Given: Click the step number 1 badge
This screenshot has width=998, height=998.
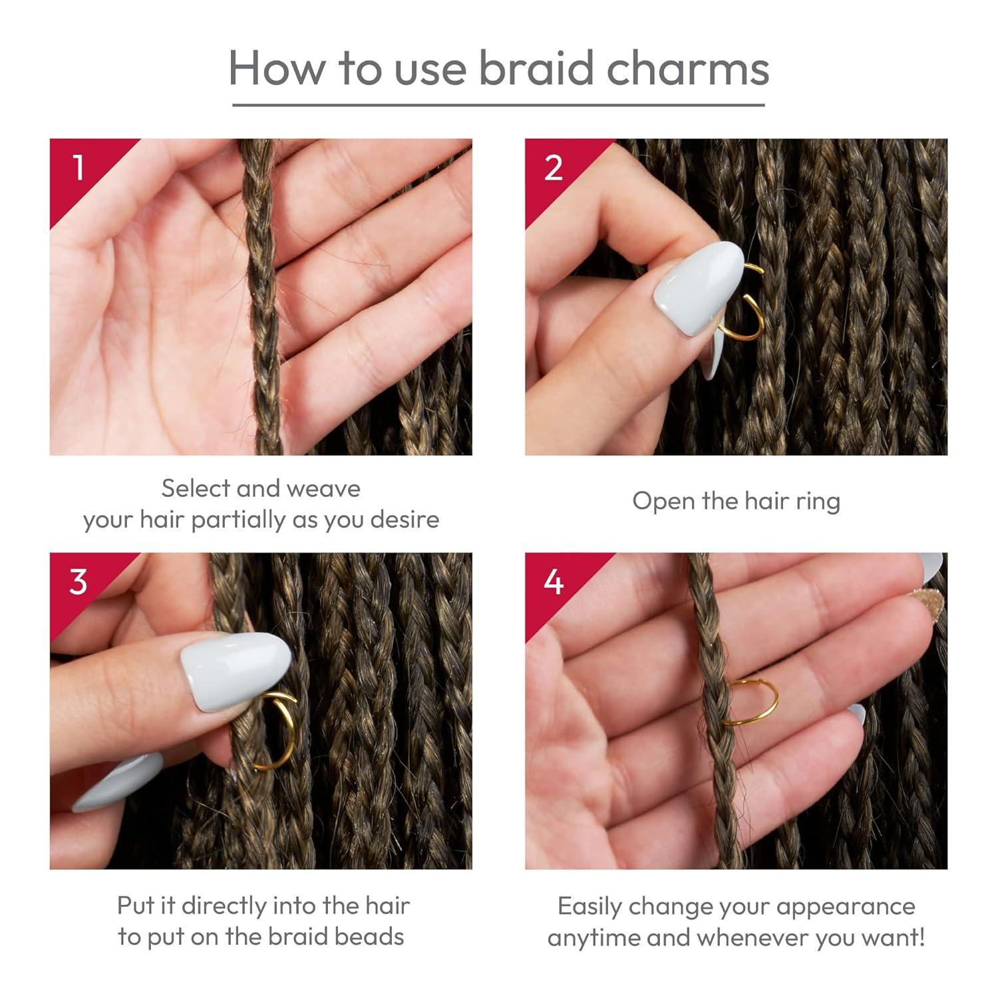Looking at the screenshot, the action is [79, 168].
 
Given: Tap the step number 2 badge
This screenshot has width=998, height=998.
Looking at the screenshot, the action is [554, 168].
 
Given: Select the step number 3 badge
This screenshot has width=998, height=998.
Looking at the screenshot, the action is [79, 582].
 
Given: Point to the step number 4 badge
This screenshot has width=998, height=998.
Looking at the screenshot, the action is [554, 582].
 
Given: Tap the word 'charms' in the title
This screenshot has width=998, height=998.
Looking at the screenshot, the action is [688, 68].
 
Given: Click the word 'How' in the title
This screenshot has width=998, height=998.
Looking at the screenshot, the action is [279, 68].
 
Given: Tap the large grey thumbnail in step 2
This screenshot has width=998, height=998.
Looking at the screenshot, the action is [697, 286].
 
